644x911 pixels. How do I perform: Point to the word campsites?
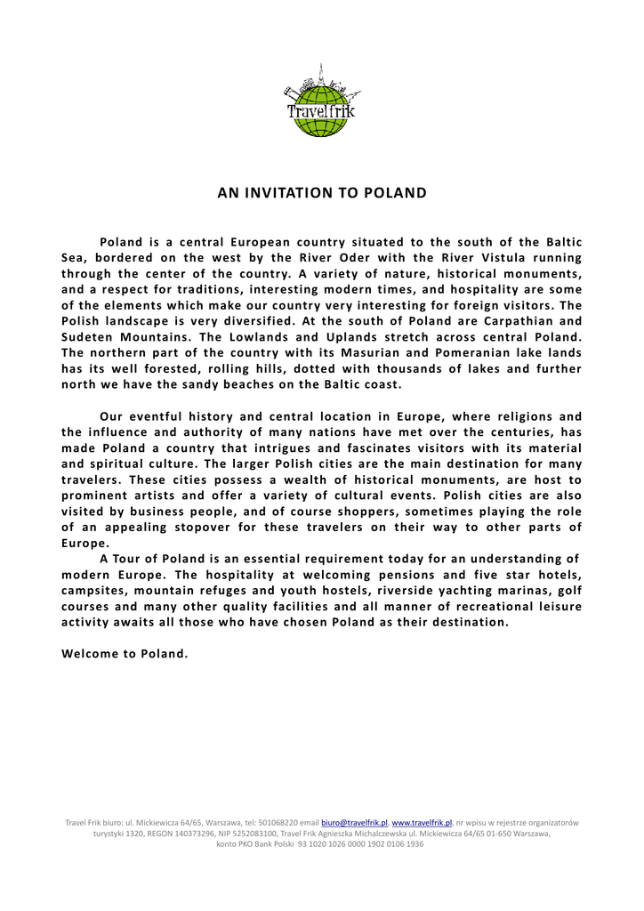pyautogui.click(x=93, y=590)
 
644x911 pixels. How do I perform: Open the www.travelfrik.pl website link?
pyautogui.click(x=422, y=823)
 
